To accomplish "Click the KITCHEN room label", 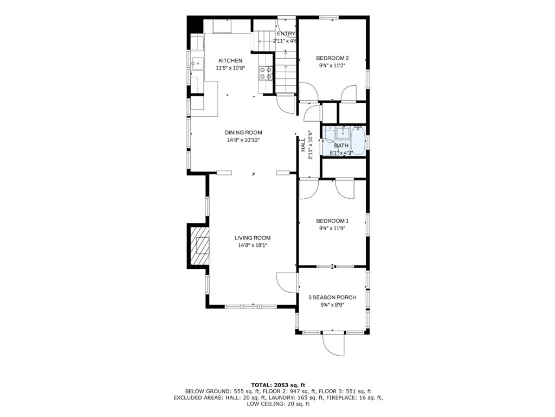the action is (x=230, y=61).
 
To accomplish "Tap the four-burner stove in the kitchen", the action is (x=266, y=73).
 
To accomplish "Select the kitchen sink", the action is (x=197, y=64).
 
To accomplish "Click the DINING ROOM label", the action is (x=243, y=132).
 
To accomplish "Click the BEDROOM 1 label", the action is (x=332, y=221).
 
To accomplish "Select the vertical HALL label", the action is (x=304, y=144).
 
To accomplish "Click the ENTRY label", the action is (x=286, y=34).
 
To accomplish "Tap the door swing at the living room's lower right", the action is (x=286, y=283).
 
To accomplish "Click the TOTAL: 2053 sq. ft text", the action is (x=278, y=385).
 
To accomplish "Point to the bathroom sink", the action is (x=343, y=134).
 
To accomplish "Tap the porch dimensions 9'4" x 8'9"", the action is (x=332, y=305).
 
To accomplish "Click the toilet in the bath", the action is (x=329, y=135).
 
